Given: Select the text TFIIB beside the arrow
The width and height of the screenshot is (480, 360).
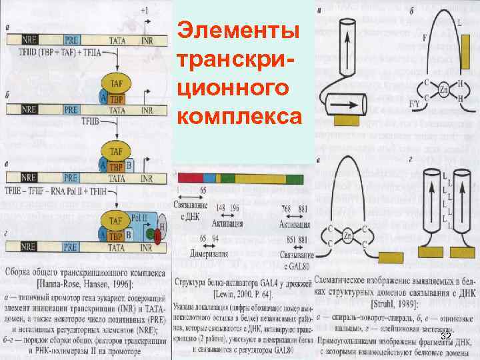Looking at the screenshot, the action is [90, 121].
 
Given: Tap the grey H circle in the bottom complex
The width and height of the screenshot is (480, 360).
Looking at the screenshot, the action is [162, 227].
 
